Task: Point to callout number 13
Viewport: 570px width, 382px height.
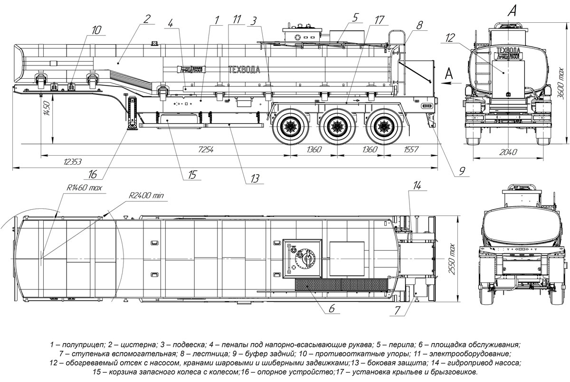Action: click(255, 178)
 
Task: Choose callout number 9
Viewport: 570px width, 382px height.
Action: click(460, 169)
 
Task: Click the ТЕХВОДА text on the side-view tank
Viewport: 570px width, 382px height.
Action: click(244, 70)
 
